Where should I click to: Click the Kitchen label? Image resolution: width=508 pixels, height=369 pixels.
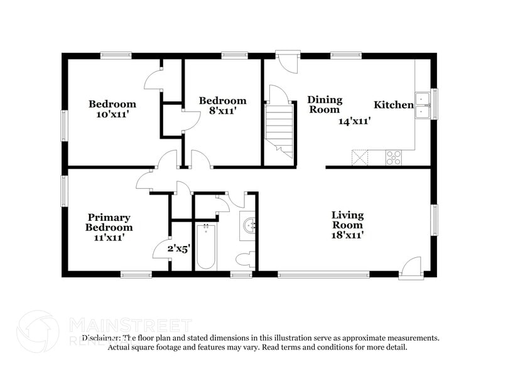394,105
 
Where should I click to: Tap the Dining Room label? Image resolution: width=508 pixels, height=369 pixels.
325,104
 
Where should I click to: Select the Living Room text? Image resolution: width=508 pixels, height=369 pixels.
347,220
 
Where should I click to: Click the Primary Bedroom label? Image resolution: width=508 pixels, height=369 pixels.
109,222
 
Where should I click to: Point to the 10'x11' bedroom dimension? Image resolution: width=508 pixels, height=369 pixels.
112,114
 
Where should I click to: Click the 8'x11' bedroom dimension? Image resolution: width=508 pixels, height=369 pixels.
222,111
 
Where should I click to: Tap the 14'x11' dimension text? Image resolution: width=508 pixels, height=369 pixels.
354,121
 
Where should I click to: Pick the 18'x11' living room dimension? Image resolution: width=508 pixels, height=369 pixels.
348,235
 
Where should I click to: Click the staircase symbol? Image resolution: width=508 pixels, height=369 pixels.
279,128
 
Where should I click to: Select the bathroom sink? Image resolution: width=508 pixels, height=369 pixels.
249,224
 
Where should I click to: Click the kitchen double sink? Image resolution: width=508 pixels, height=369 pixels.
422,104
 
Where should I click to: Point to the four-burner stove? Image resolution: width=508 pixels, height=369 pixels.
394,158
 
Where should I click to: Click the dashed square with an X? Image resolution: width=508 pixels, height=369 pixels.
360,157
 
